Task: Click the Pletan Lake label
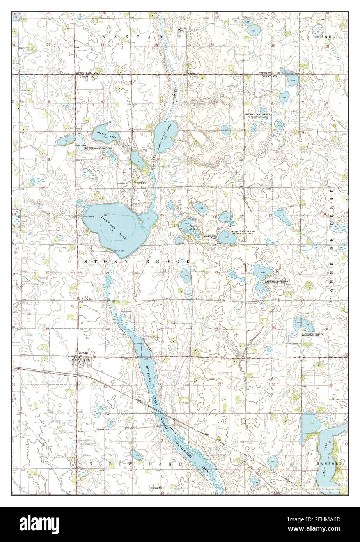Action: tap(106, 135)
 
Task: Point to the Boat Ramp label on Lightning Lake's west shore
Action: tap(89, 216)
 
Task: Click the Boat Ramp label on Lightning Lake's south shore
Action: tap(119, 250)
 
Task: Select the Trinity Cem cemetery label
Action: tap(85, 299)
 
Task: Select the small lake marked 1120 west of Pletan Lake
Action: tap(65, 141)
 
